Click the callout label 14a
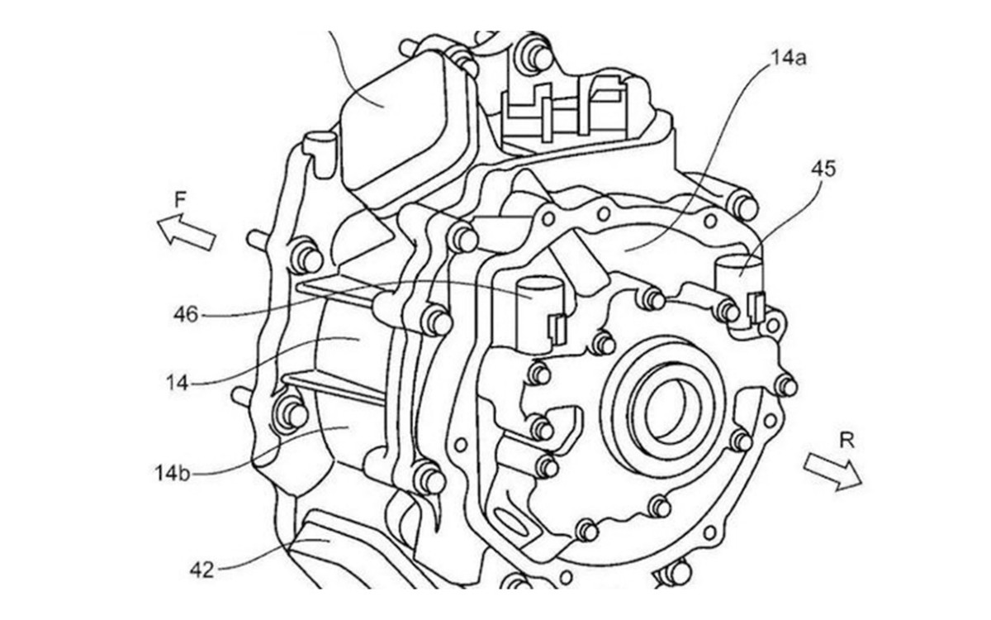789,58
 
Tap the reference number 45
823,169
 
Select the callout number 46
186,315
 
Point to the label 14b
173,474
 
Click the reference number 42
202,570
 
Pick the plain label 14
178,383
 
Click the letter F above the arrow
180,200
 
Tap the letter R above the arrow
846,441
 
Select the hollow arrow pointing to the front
186,231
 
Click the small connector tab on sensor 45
756,307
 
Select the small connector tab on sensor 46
557,330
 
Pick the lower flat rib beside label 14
335,389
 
